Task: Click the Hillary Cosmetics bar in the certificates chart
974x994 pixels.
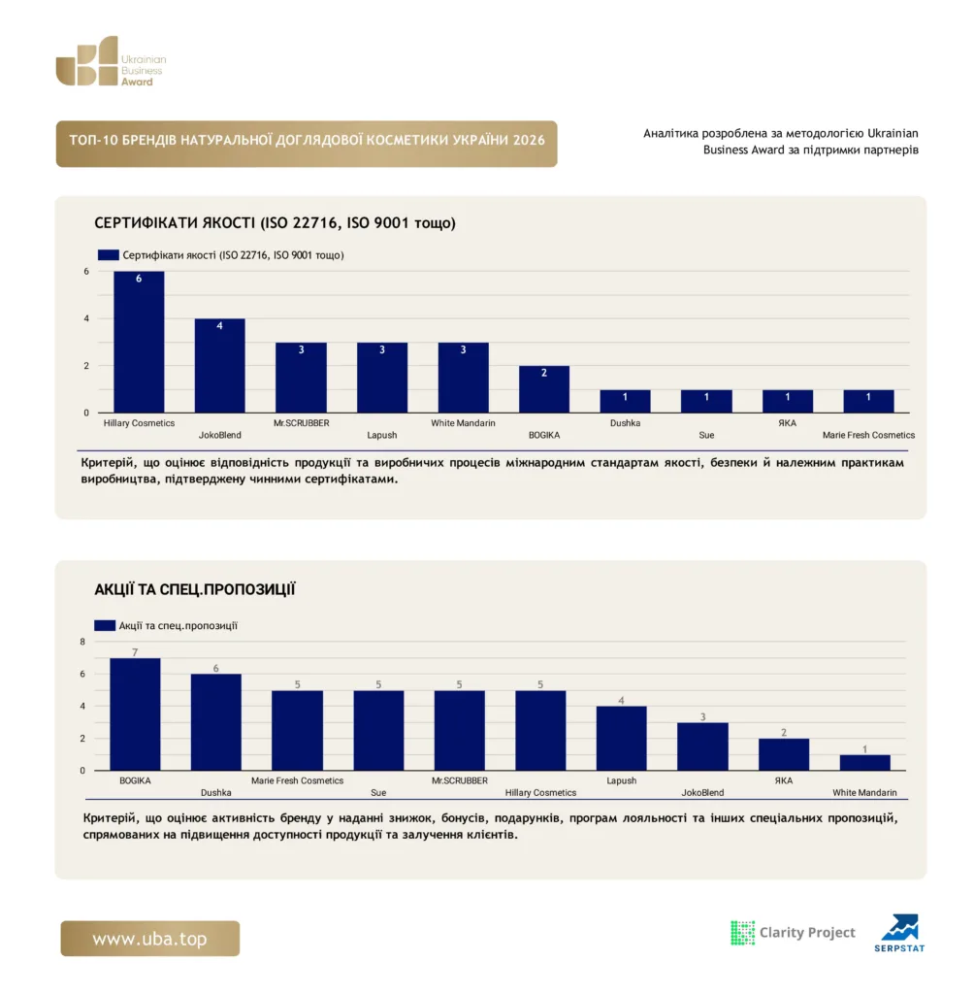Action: [x=139, y=342]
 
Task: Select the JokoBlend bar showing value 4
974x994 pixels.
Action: [x=220, y=366]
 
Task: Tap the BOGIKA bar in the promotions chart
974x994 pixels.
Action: [x=135, y=714]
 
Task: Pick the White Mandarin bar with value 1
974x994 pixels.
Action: [x=865, y=763]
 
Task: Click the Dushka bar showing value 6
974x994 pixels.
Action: [x=216, y=722]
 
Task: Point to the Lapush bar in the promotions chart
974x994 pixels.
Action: [x=622, y=739]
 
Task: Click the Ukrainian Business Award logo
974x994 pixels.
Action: [x=111, y=61]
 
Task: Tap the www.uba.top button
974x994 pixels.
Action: [x=150, y=939]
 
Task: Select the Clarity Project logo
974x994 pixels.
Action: [x=793, y=933]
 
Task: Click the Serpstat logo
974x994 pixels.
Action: [x=900, y=933]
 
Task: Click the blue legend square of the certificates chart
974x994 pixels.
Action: [x=109, y=255]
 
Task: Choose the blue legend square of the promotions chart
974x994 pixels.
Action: [x=105, y=626]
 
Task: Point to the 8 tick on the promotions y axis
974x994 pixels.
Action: [x=82, y=642]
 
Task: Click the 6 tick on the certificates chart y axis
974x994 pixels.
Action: [x=86, y=272]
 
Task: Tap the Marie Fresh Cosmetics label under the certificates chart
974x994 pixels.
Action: [x=868, y=435]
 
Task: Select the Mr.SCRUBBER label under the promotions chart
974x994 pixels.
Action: [x=460, y=780]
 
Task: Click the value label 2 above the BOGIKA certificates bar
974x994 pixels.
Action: [x=543, y=373]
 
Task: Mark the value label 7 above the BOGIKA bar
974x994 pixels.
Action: [x=135, y=652]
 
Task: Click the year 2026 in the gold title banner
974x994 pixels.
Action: [x=529, y=140]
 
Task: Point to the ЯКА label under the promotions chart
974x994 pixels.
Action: [x=784, y=780]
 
